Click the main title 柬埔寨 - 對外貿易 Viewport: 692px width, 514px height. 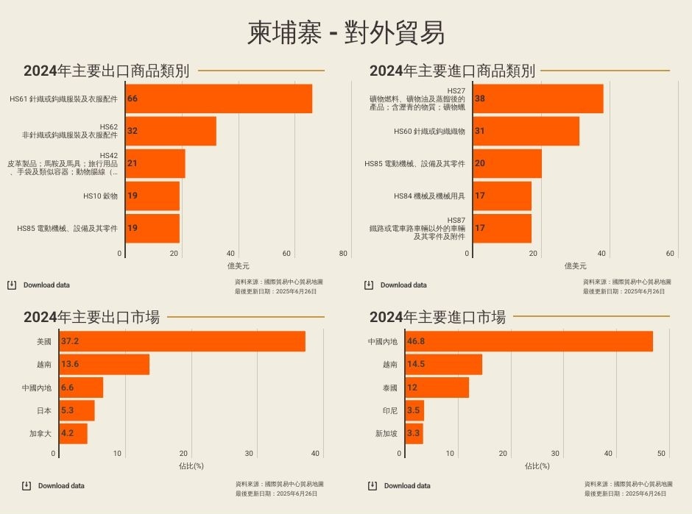coord(346,33)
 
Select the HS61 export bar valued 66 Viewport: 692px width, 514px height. coord(219,99)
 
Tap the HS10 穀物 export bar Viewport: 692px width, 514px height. coord(152,196)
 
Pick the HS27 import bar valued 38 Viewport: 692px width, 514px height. coord(537,99)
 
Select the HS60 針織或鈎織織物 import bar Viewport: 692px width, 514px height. coord(526,131)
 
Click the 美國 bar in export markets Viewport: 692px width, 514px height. coord(182,342)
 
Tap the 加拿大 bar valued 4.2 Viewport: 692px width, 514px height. coord(73,434)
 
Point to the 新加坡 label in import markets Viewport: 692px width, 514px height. coord(386,434)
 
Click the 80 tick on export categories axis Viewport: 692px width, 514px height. coord(343,254)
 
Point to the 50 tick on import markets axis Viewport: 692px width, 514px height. coord(661,454)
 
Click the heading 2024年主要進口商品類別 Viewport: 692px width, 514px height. coord(452,71)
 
